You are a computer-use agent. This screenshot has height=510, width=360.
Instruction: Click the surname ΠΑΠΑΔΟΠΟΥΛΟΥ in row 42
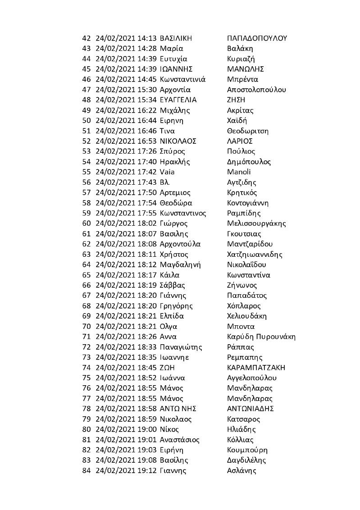click(x=257, y=38)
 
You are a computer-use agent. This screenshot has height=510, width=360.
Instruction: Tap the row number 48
click(x=87, y=100)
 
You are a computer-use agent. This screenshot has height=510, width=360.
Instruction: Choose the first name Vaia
click(x=167, y=172)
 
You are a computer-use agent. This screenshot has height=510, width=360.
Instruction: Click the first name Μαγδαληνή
click(x=180, y=264)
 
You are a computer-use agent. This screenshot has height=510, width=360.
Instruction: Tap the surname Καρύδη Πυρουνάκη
click(x=262, y=337)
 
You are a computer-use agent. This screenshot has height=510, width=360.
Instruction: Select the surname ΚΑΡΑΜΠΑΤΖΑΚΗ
click(x=256, y=368)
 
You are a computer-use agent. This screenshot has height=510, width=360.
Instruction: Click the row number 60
click(x=87, y=223)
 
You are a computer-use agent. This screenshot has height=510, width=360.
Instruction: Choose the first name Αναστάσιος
click(x=180, y=440)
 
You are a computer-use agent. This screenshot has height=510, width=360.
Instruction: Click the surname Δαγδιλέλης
click(x=247, y=460)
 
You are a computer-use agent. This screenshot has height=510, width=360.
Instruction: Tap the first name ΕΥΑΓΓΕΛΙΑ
click(x=178, y=100)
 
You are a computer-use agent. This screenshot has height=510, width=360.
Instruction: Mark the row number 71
click(x=87, y=337)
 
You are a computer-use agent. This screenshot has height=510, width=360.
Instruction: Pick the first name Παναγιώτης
click(x=181, y=347)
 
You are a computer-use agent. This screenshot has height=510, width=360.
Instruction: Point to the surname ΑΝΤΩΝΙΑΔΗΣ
click(x=251, y=409)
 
